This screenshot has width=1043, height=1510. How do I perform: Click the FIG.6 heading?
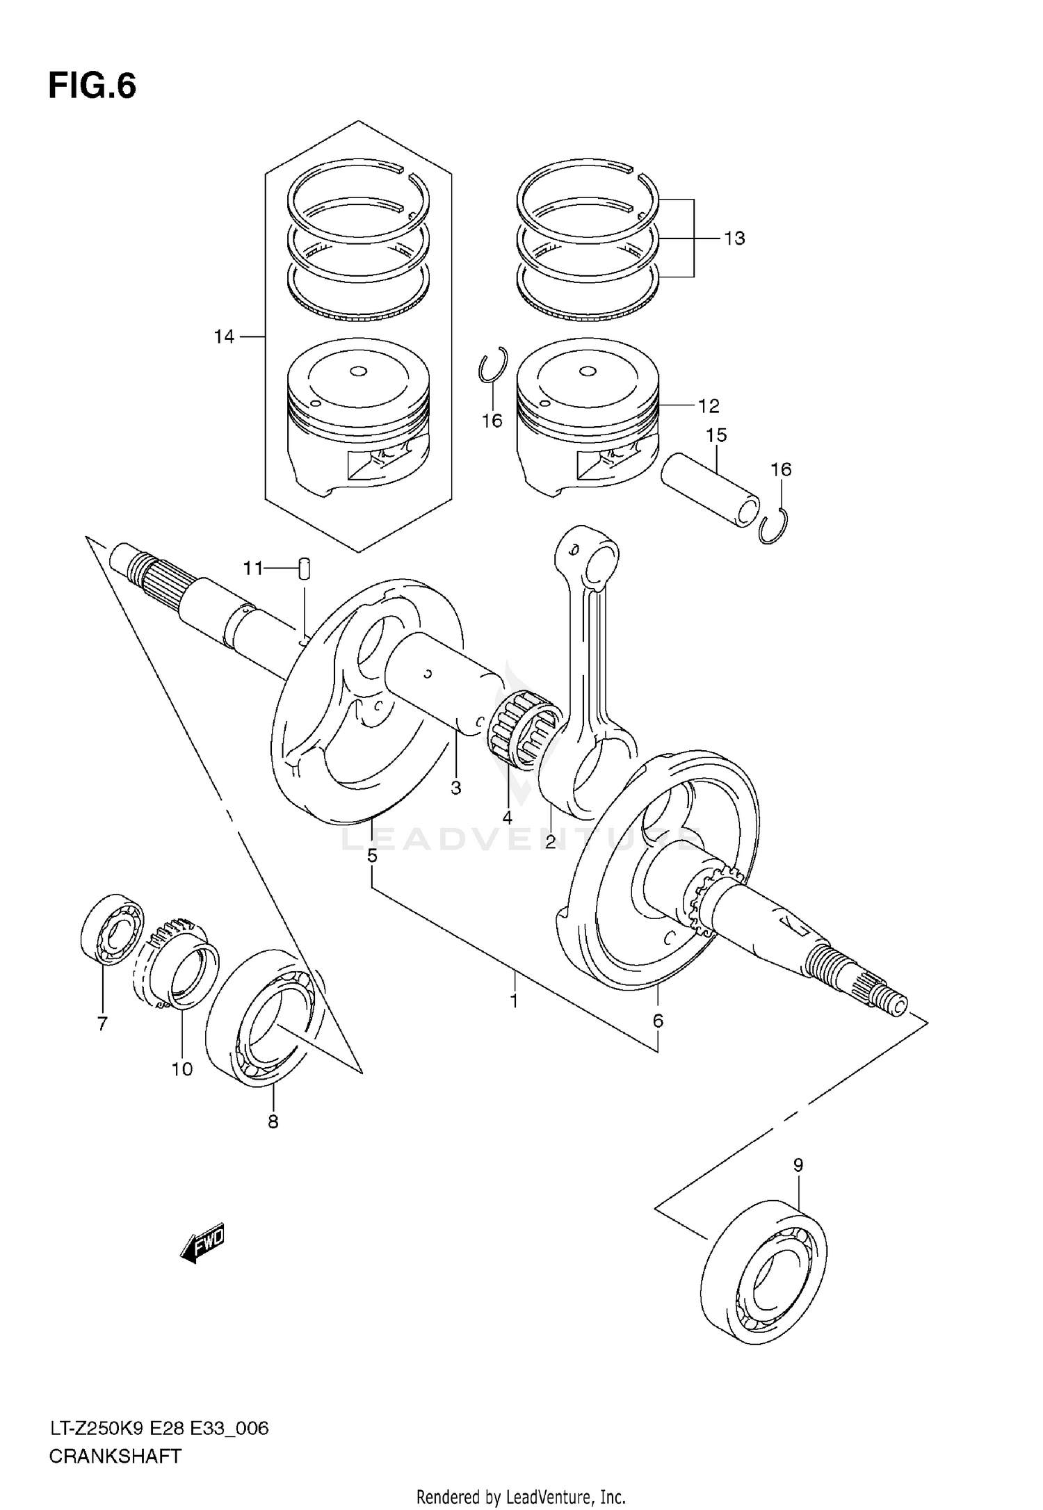pyautogui.click(x=92, y=87)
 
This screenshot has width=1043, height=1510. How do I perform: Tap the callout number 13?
pyautogui.click(x=734, y=238)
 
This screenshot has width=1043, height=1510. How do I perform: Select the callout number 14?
pyautogui.click(x=224, y=337)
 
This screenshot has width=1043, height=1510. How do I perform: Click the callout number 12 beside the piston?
pyautogui.click(x=709, y=405)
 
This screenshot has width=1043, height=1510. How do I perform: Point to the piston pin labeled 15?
pyautogui.click(x=709, y=489)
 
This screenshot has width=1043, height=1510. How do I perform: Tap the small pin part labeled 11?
pyautogui.click(x=304, y=568)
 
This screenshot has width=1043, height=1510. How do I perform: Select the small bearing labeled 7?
pyautogui.click(x=112, y=929)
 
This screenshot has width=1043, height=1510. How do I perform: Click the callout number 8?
pyautogui.click(x=273, y=1121)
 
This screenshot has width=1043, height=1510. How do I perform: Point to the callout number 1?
pyautogui.click(x=514, y=1001)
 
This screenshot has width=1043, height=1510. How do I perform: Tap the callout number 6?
pyautogui.click(x=658, y=1021)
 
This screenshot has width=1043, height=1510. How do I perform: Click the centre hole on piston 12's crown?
pyautogui.click(x=588, y=372)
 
